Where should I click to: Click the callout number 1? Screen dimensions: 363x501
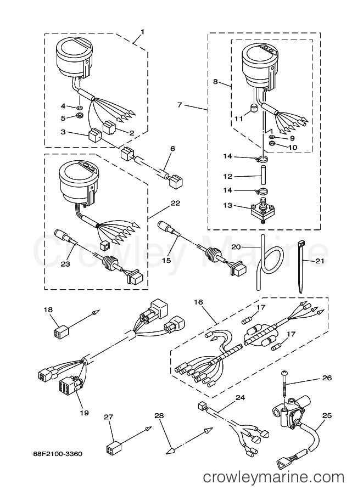pos(142,32)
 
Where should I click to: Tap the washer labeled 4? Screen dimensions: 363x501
pos(79,107)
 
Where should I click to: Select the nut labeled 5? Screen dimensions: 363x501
pos(80,115)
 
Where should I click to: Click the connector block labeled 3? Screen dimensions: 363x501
pos(94,136)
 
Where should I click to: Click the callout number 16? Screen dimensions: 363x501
pos(198,302)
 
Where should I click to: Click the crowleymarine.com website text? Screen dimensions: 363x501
pos(274,477)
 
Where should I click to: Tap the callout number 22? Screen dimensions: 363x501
pos(175,203)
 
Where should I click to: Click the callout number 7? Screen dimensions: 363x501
pos(180,104)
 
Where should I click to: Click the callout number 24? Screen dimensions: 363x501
pos(240,397)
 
